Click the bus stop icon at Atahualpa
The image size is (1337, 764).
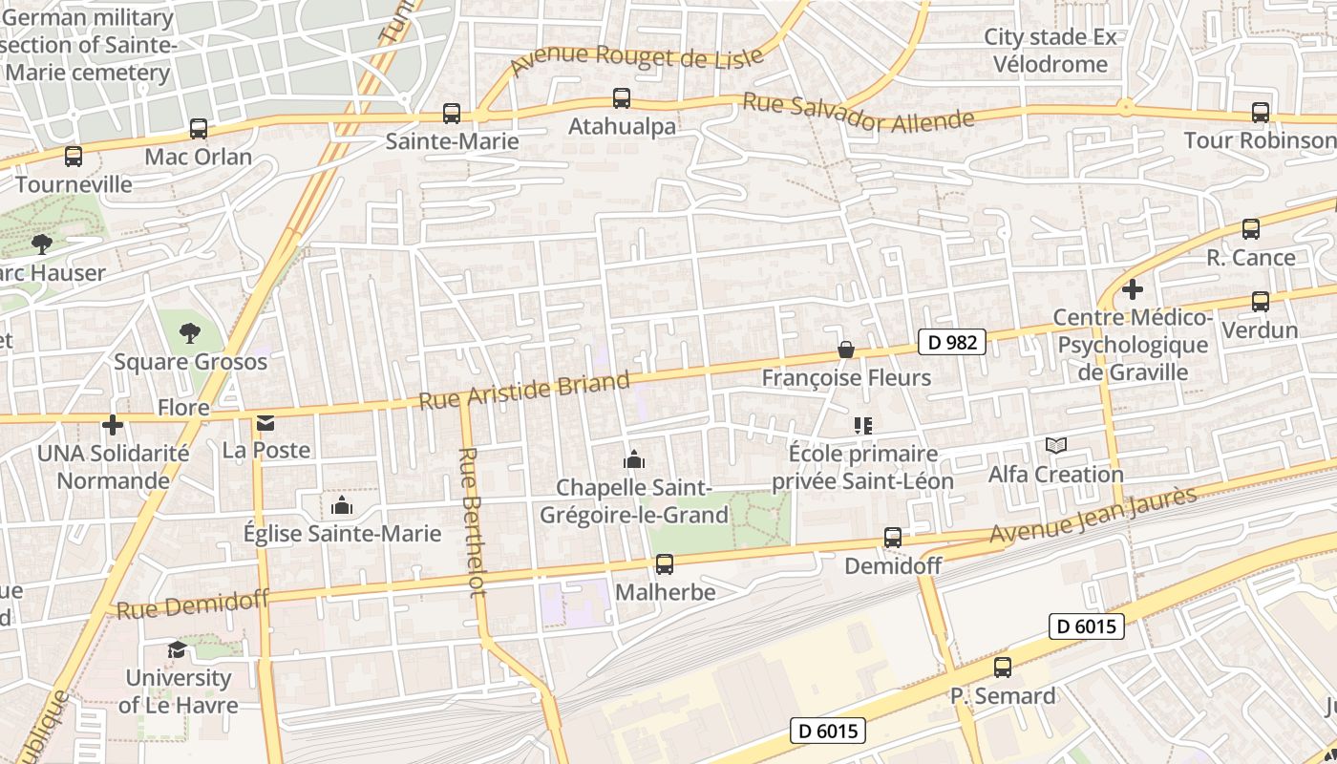[622, 97]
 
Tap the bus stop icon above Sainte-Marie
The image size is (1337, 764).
[452, 114]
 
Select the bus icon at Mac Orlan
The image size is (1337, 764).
[199, 128]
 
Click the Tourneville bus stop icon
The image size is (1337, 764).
[74, 156]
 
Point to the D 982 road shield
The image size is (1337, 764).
[952, 342]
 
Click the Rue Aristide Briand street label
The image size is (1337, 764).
[524, 391]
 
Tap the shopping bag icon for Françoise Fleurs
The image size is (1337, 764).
[845, 350]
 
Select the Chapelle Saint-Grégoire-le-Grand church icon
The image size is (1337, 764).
[634, 460]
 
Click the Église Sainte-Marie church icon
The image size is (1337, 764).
[341, 505]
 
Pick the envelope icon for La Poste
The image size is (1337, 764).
[265, 422]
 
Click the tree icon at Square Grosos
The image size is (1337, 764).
[190, 333]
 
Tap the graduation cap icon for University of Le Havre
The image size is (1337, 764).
[178, 650]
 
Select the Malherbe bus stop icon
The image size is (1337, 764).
[665, 564]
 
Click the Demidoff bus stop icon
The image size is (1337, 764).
[893, 538]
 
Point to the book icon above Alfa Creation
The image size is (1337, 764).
[1055, 445]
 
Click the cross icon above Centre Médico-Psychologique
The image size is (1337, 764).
[1133, 288]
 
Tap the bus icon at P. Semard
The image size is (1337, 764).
[1003, 668]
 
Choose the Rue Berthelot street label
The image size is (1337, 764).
[472, 521]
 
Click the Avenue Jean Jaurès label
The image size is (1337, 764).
[1093, 516]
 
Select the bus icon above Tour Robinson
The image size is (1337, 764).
[1261, 113]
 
